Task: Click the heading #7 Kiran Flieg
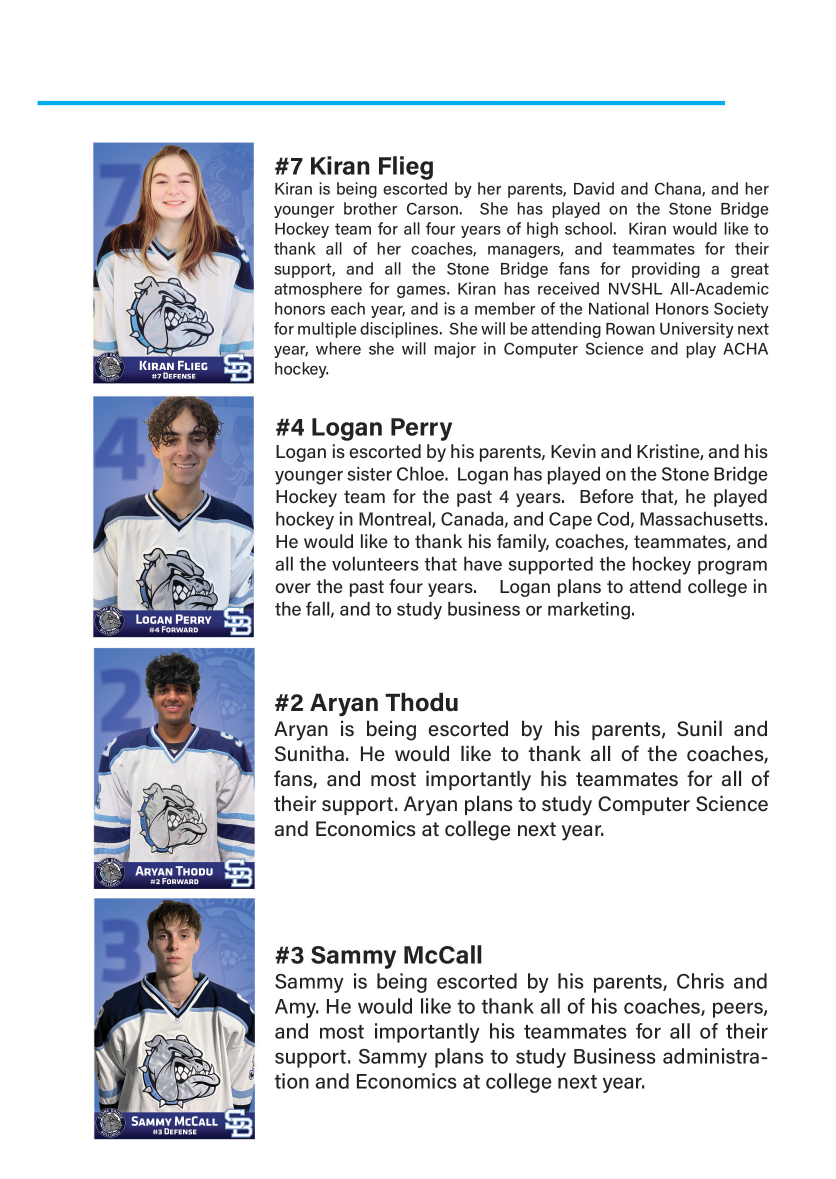click(354, 166)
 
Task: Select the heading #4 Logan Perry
click(363, 427)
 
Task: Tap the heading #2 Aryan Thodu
click(366, 703)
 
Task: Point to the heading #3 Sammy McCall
click(378, 955)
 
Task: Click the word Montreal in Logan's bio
click(396, 519)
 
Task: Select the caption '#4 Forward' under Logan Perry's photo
click(173, 630)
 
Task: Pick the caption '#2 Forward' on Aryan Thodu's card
click(174, 881)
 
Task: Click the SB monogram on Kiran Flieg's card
click(238, 368)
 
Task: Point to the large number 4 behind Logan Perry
click(120, 447)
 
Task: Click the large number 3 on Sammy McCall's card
click(120, 952)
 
